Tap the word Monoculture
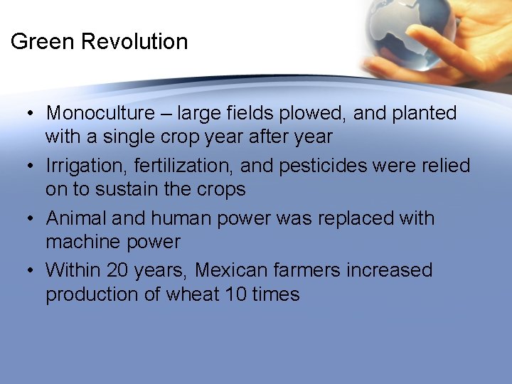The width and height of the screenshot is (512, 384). click(100, 113)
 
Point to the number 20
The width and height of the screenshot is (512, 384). click(119, 271)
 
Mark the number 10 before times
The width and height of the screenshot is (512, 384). click(235, 294)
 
